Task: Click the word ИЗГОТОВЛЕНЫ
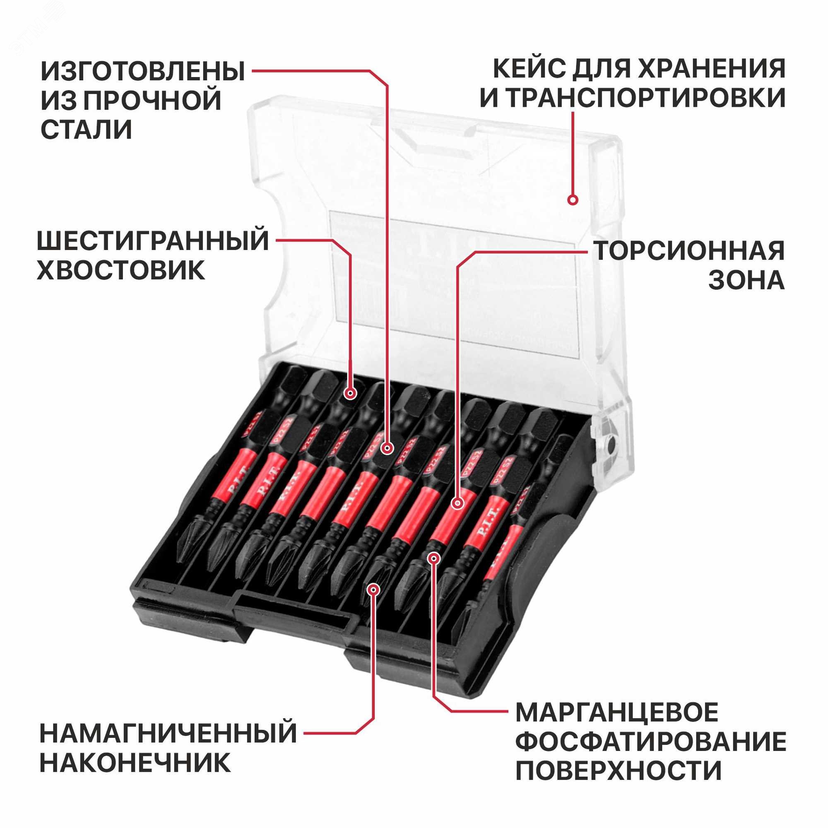point(143,71)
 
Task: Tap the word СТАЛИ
point(86,130)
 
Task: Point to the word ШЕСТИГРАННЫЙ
point(153,241)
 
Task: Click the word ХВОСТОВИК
point(121,271)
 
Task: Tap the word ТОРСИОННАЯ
point(689,251)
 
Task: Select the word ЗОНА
point(746,281)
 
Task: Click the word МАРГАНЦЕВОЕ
point(617,712)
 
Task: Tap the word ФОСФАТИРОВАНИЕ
point(650,742)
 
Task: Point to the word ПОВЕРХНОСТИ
point(619,771)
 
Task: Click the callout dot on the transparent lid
point(573,200)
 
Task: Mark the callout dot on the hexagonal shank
point(351,393)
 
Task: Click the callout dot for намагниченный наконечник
point(374,590)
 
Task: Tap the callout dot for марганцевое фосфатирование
point(434,558)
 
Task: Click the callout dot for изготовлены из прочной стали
point(388,449)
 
